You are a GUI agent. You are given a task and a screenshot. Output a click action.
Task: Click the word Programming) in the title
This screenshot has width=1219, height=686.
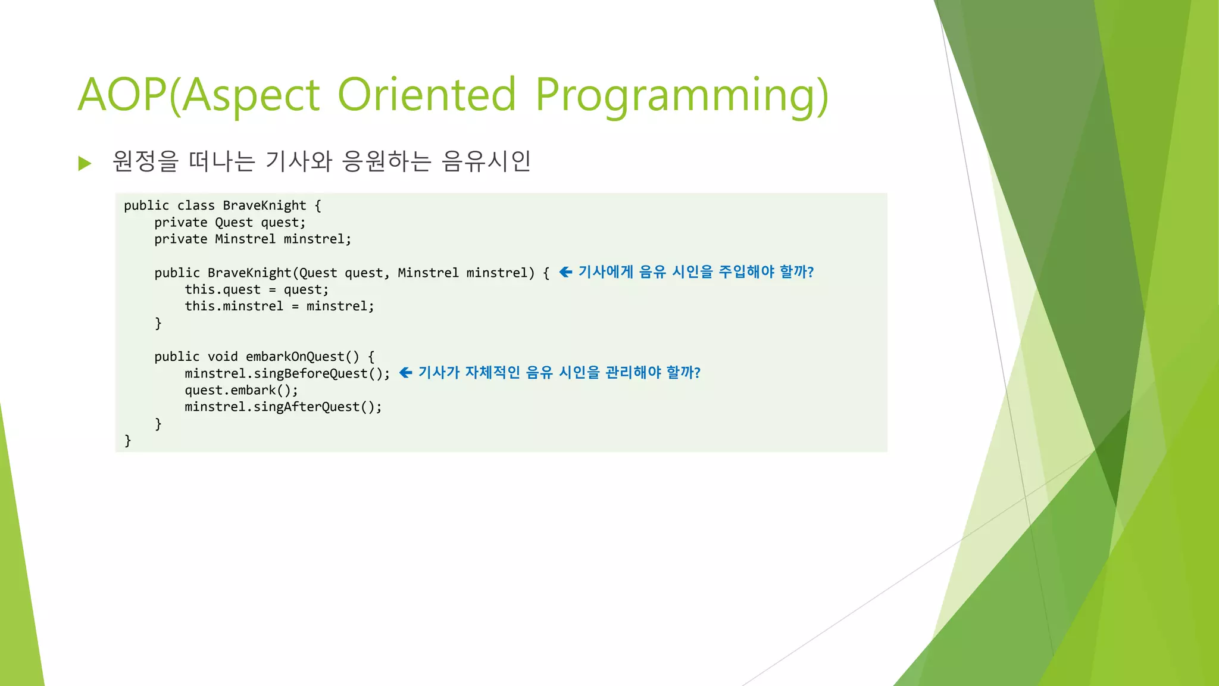[x=682, y=95]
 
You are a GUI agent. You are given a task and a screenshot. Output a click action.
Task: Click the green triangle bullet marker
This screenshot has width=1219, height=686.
[x=85, y=163]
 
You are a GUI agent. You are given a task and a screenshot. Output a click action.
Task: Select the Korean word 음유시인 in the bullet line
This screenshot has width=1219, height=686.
[x=486, y=161]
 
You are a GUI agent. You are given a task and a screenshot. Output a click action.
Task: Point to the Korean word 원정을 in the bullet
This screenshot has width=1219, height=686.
[x=145, y=161]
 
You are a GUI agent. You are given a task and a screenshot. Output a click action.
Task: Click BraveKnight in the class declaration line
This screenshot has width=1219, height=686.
[x=264, y=205]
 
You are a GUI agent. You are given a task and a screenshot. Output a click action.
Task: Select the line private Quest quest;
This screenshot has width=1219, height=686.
[x=230, y=223]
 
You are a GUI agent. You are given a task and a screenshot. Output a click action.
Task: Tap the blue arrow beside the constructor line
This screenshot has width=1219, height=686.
[x=565, y=272]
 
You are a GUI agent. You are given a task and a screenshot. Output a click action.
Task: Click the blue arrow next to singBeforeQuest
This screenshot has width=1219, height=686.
[x=405, y=373]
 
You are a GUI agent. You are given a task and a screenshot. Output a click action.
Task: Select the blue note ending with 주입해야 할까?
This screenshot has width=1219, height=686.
[x=696, y=272]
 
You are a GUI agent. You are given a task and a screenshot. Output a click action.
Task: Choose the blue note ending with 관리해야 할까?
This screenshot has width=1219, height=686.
[x=559, y=373]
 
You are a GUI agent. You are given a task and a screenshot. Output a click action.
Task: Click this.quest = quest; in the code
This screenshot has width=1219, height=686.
[x=256, y=290]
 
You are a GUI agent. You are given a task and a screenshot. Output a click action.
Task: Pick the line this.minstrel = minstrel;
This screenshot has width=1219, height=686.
[x=279, y=306]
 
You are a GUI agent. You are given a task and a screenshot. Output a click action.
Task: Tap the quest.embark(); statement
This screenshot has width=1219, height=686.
[x=241, y=390]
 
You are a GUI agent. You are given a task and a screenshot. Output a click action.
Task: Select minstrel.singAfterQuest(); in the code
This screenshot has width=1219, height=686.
[x=283, y=407]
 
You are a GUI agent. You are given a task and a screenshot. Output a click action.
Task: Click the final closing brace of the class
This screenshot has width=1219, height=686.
[x=127, y=441]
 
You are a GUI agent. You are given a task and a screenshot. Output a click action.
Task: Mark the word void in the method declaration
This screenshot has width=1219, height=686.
[x=223, y=357]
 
